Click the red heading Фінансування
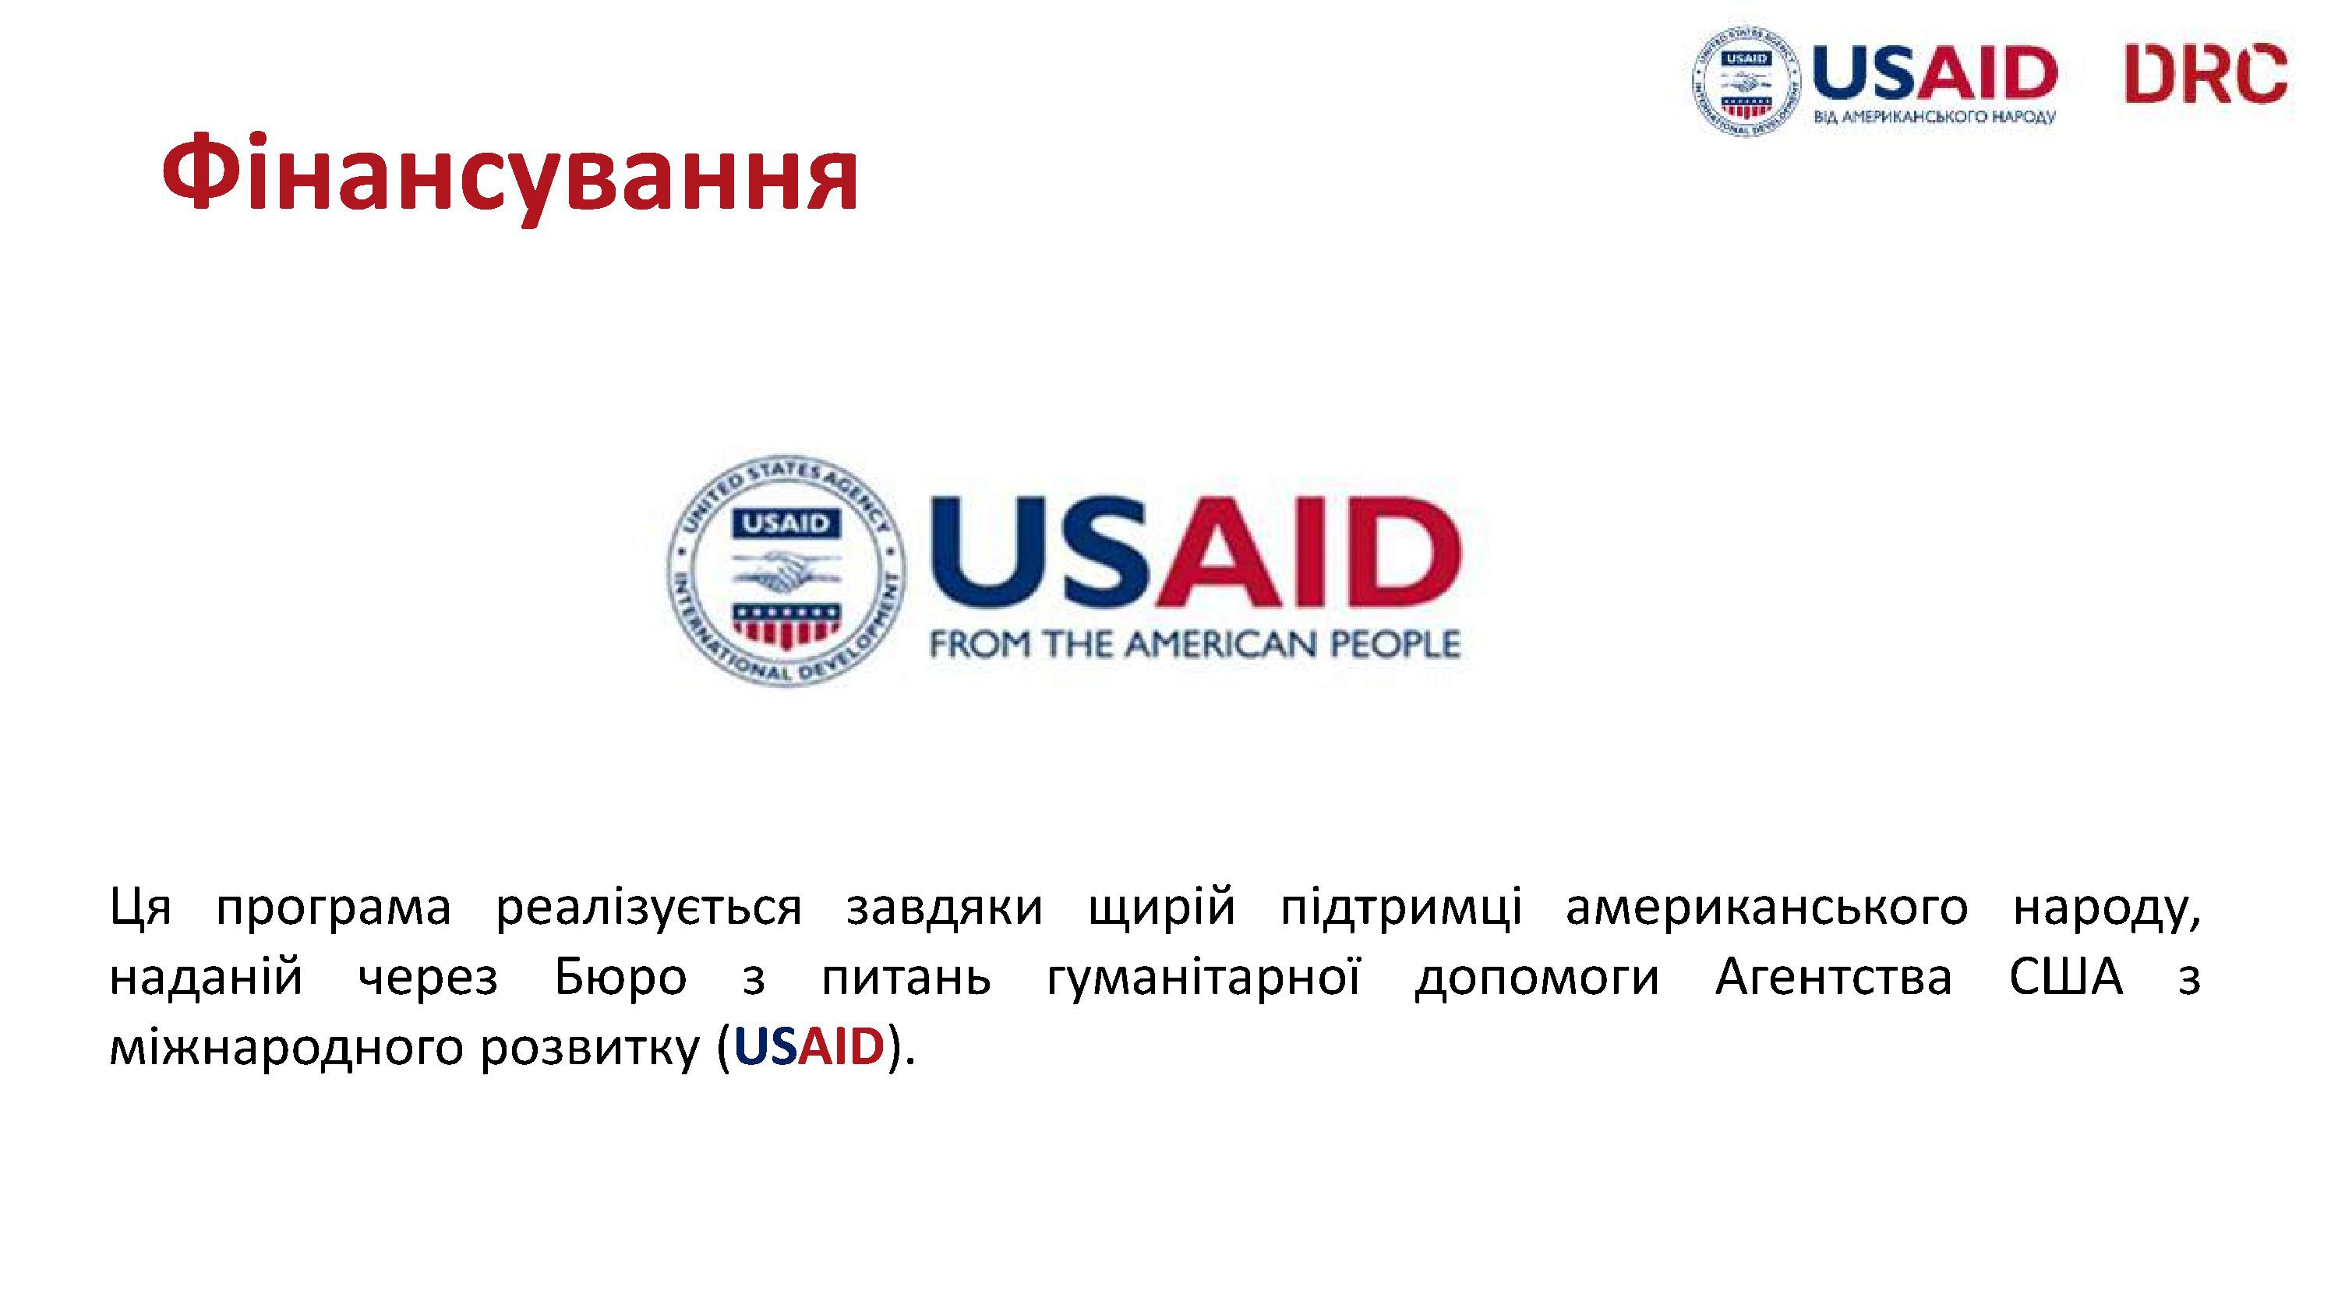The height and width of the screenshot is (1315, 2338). pos(510,174)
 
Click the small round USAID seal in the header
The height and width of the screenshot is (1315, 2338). pos(1746,82)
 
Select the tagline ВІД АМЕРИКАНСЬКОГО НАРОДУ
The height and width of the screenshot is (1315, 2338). pos(1934,117)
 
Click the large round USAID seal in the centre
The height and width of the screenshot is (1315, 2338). pos(786,570)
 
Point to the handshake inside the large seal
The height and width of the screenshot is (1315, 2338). pos(786,571)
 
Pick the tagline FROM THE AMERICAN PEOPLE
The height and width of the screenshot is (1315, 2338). pos(1195,644)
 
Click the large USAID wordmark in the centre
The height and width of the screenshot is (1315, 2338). pos(1195,552)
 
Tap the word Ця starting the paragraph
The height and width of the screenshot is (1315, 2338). pos(141,908)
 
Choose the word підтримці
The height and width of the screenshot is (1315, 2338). pos(1401,908)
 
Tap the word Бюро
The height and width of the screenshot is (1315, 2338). pos(621,978)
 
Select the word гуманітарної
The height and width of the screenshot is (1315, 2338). pos(1203,978)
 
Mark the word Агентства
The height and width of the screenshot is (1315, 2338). pos(1833,978)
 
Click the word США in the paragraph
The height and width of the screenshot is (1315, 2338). pos(2066,978)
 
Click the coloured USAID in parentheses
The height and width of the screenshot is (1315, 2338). pos(809,1046)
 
